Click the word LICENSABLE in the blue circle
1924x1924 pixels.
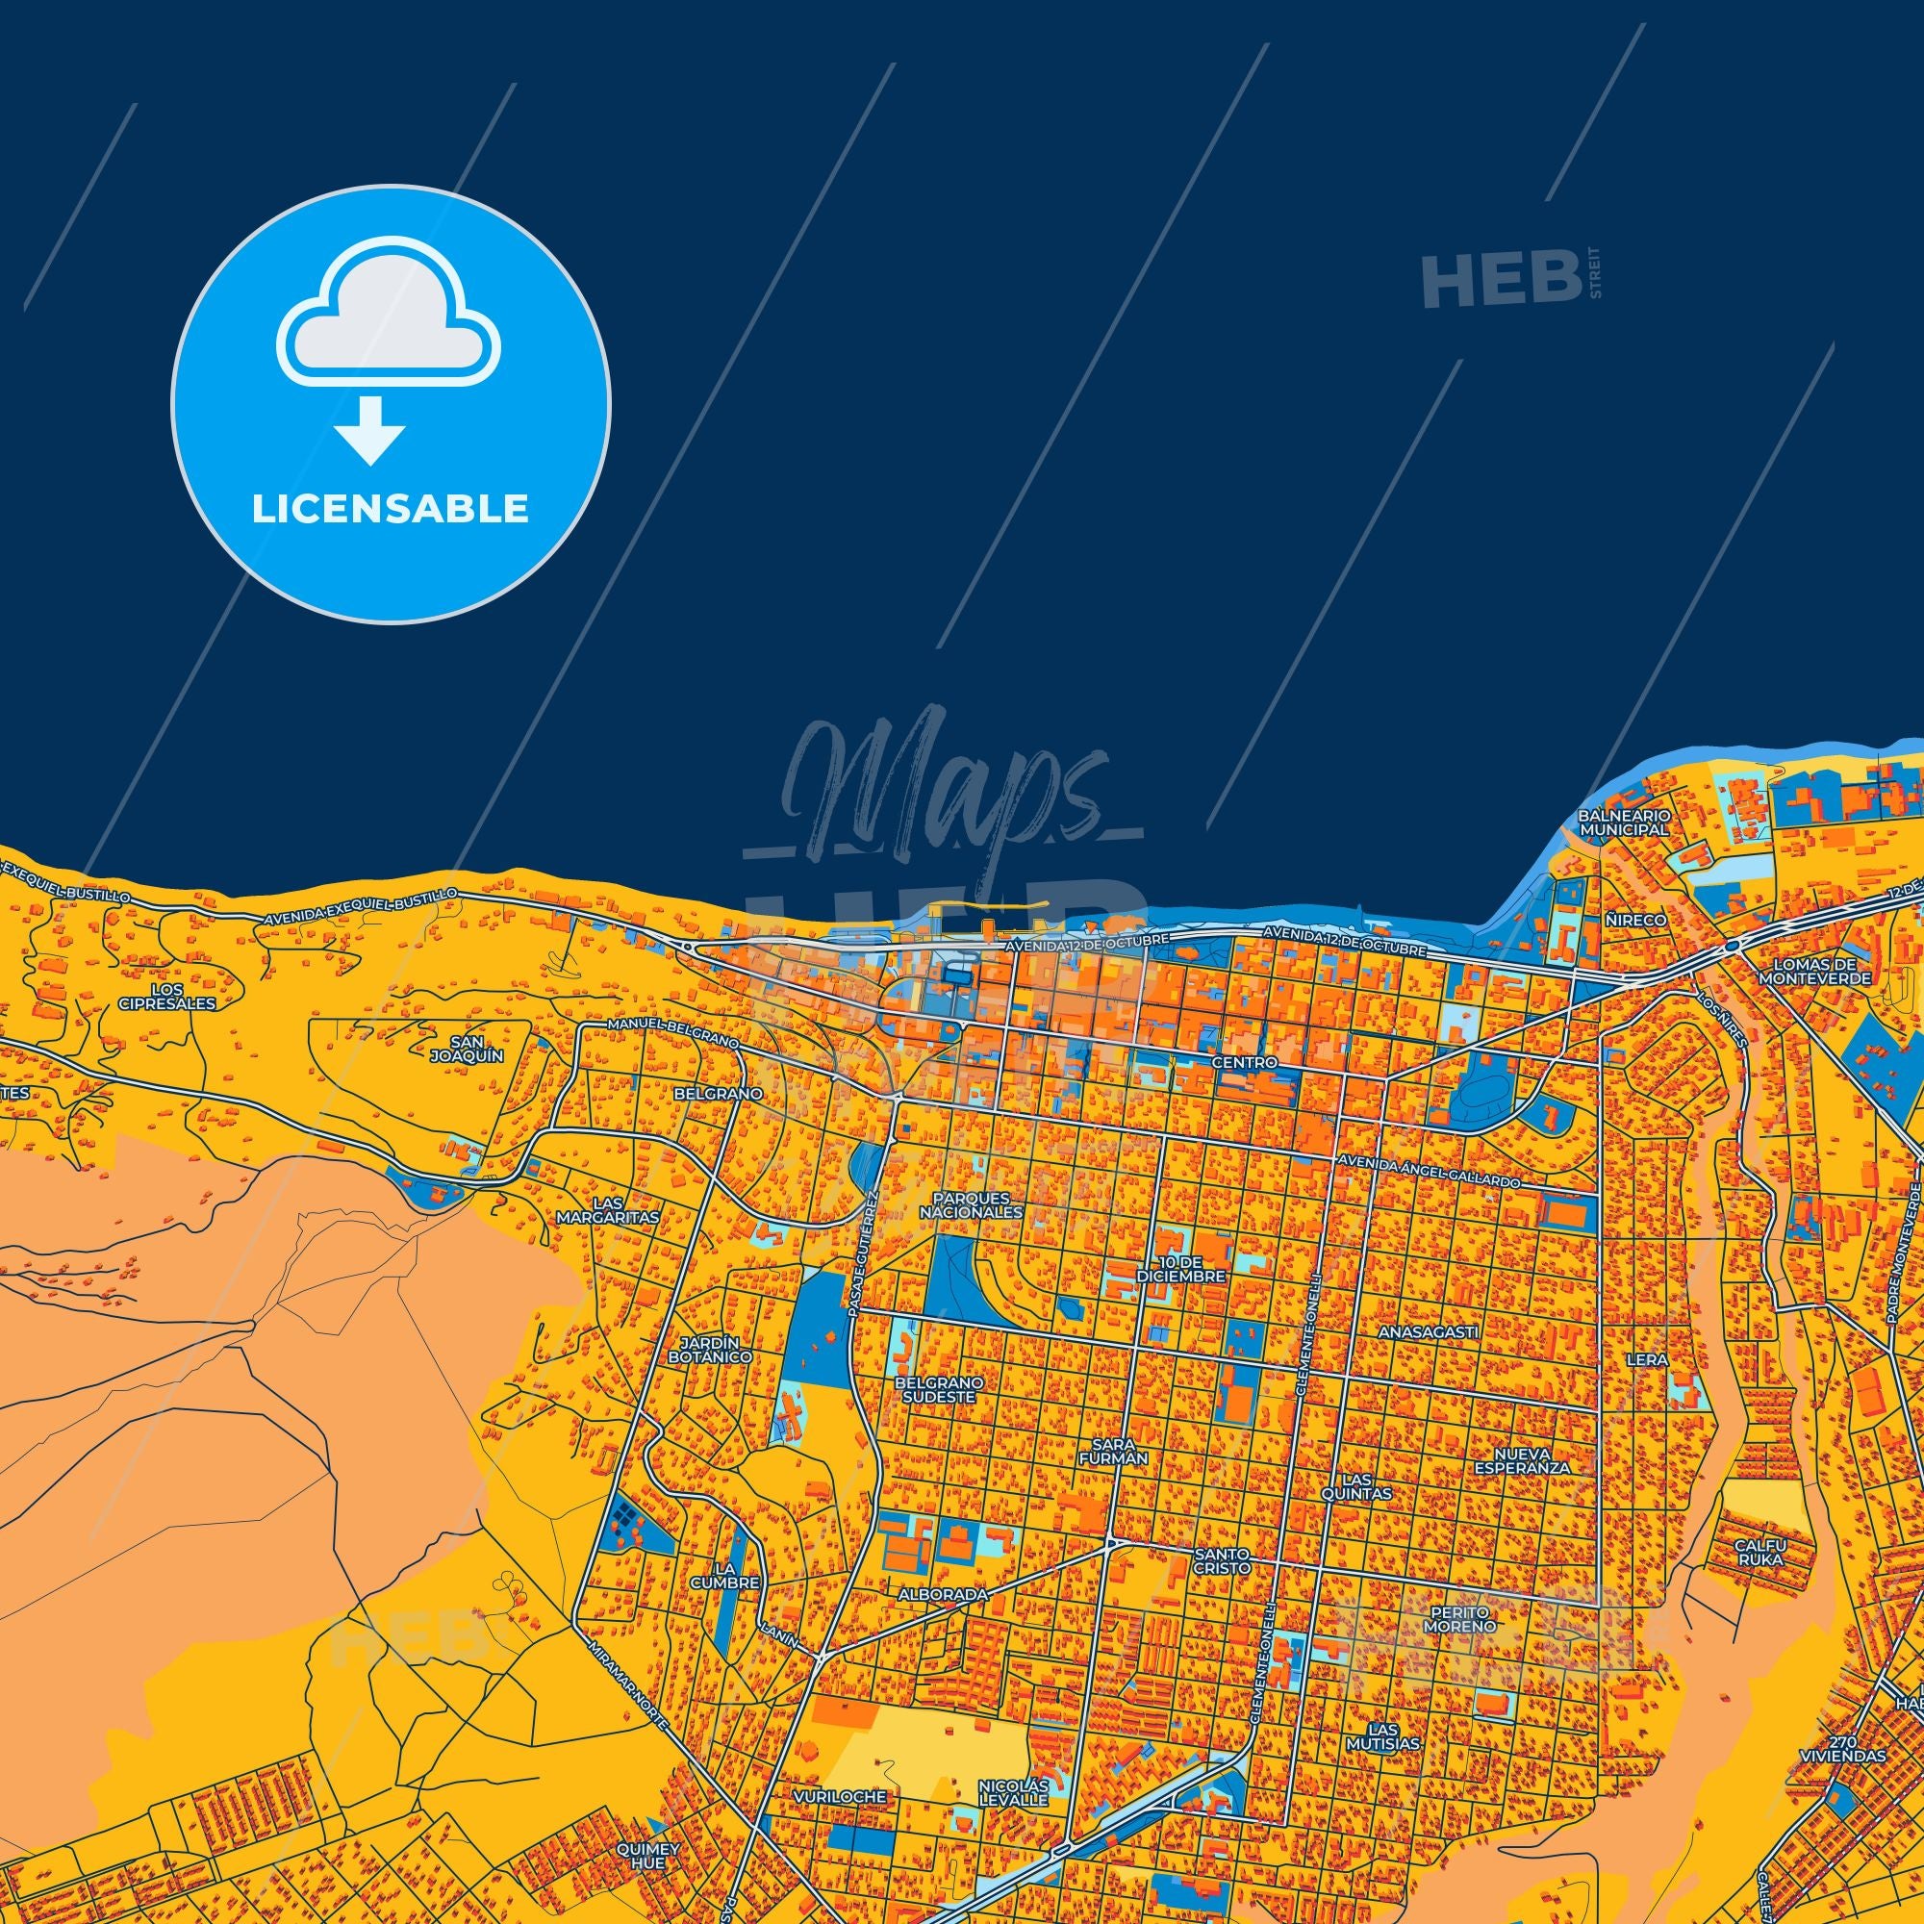click(390, 509)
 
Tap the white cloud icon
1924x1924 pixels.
click(390, 312)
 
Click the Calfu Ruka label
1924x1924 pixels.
click(1760, 1580)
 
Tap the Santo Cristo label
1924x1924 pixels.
click(1222, 1586)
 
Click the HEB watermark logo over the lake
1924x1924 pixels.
click(1501, 281)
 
